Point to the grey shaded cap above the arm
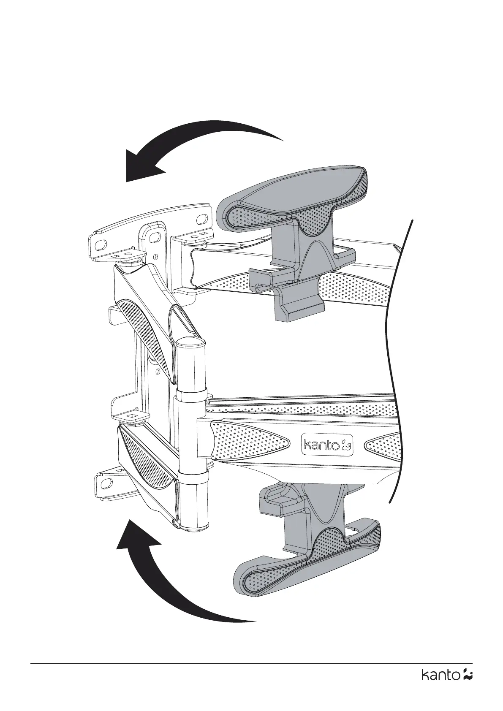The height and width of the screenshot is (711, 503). coord(296,198)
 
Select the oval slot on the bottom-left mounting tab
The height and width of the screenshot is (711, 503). coord(104,482)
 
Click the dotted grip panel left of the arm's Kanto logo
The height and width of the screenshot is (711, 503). coord(249,443)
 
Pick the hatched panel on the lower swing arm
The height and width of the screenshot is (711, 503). coord(148,456)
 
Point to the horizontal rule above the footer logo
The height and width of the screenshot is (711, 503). coord(251,663)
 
